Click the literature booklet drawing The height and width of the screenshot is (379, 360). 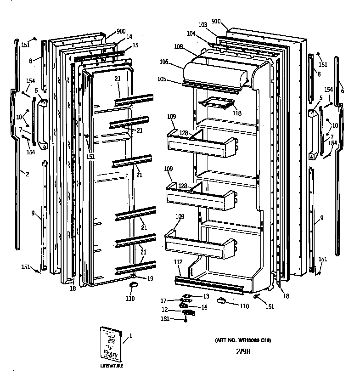click(x=112, y=345)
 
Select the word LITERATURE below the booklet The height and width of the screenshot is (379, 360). click(x=112, y=366)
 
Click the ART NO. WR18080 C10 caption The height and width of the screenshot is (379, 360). click(x=243, y=340)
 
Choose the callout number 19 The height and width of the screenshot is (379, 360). click(x=150, y=279)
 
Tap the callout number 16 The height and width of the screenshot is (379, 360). click(x=204, y=307)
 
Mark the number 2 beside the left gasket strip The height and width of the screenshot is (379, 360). click(x=27, y=174)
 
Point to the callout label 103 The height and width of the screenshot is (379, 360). click(x=203, y=24)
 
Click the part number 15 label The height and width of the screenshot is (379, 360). click(x=135, y=45)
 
